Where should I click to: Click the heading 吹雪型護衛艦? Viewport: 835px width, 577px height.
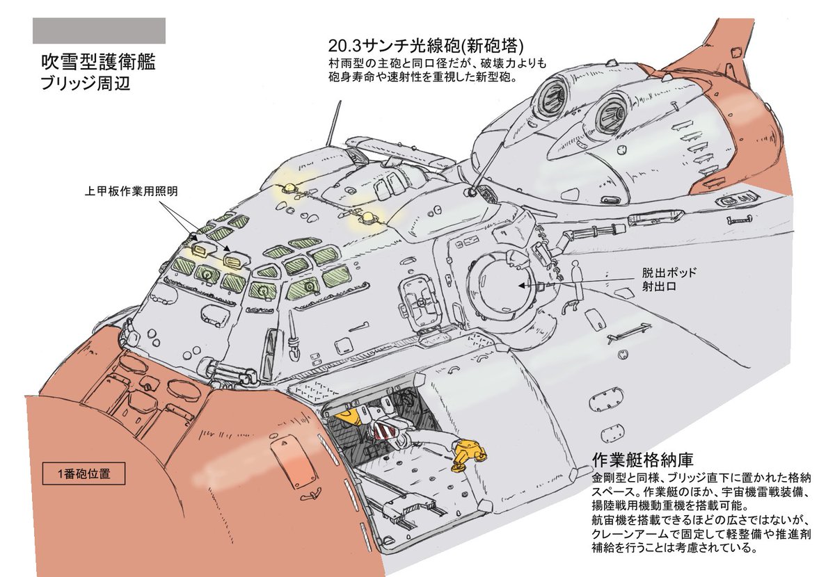coord(97,63)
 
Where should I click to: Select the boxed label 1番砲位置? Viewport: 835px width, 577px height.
coord(83,475)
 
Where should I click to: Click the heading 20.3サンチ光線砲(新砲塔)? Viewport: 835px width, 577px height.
coord(424,46)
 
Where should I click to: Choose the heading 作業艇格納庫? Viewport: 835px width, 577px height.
coord(641,460)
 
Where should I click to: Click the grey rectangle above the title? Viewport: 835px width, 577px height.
coord(99,31)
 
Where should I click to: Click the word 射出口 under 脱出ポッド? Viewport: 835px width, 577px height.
coord(659,288)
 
